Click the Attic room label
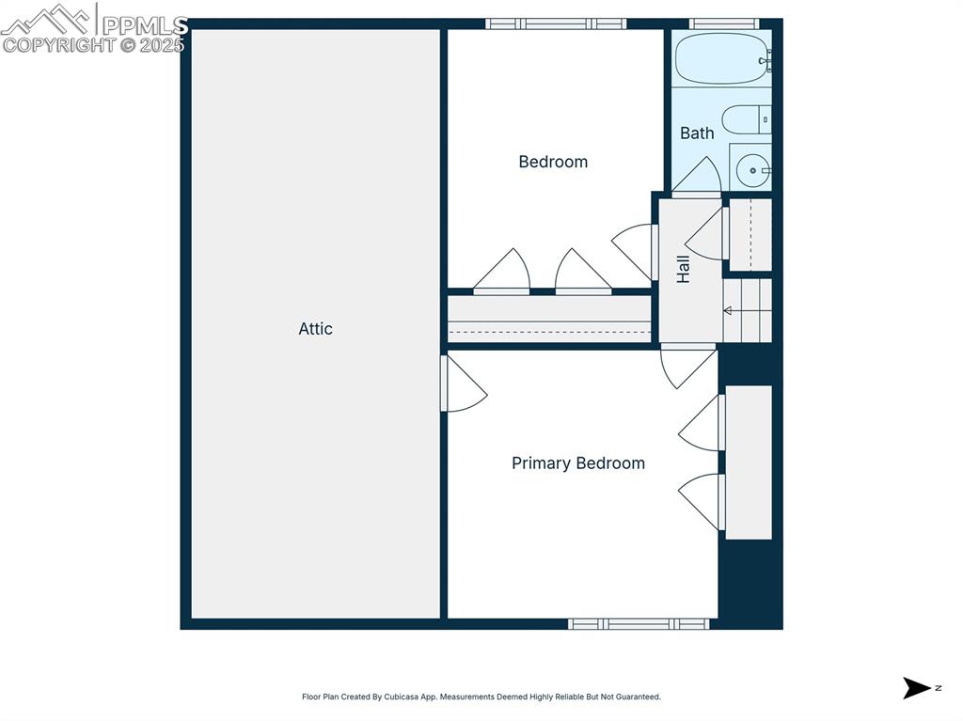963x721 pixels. tap(316, 329)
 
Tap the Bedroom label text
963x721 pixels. tap(553, 162)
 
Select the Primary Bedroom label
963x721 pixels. tap(578, 463)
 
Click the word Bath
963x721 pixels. tap(697, 133)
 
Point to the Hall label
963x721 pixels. tap(684, 269)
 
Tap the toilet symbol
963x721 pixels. tap(746, 119)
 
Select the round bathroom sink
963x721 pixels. tap(752, 170)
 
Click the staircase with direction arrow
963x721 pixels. tap(747, 310)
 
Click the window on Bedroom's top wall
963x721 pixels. tap(556, 24)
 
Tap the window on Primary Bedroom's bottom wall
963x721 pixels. tap(639, 623)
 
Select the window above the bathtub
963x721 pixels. tap(724, 24)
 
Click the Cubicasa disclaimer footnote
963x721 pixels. tap(481, 697)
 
